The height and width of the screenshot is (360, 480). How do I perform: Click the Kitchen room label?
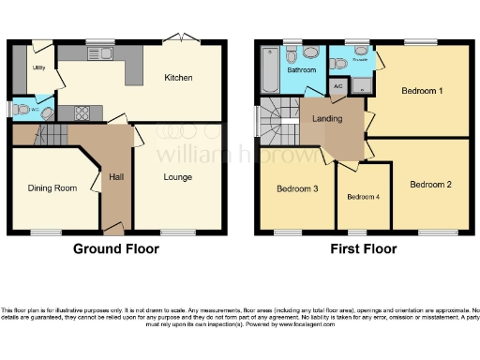(178, 78)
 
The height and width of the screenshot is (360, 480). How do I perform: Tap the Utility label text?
(38, 68)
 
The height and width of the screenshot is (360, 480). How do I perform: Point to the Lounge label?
(177, 177)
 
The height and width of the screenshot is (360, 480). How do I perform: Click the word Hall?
(117, 177)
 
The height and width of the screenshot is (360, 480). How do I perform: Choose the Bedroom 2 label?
(430, 185)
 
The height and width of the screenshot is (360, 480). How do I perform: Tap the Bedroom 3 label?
(297, 189)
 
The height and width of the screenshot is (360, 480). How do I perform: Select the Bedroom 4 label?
(363, 197)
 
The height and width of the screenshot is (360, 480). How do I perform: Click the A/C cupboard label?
(338, 84)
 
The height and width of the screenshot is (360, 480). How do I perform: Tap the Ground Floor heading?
(116, 249)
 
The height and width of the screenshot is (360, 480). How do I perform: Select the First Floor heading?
(363, 249)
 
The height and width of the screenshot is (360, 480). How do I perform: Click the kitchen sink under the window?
(99, 52)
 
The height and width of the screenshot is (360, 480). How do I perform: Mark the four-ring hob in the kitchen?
(82, 113)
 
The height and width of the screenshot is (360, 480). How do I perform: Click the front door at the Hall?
(113, 229)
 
